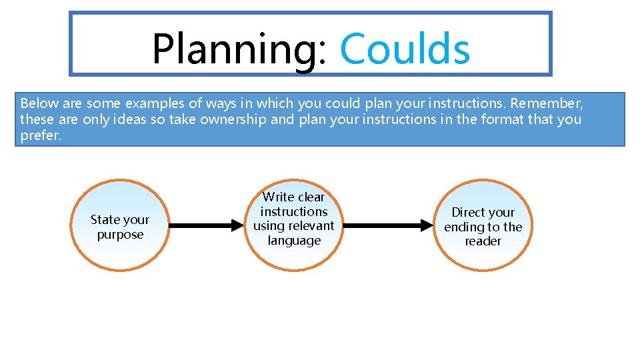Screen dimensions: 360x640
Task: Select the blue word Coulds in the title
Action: (x=405, y=49)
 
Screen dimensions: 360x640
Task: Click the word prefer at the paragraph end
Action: (x=39, y=136)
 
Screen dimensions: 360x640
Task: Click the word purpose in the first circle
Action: (x=120, y=235)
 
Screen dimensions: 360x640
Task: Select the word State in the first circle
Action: (x=105, y=220)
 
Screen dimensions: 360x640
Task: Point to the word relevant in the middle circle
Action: (x=311, y=226)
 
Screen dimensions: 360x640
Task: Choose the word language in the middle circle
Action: (x=294, y=241)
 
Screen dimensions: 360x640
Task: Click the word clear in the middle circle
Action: (x=311, y=197)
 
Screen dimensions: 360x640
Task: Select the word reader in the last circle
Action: (x=483, y=241)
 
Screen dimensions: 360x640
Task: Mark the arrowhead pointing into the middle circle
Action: (x=237, y=226)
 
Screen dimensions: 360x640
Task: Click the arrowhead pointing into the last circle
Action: (x=427, y=226)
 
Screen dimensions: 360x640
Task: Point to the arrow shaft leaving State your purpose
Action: (x=200, y=226)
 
